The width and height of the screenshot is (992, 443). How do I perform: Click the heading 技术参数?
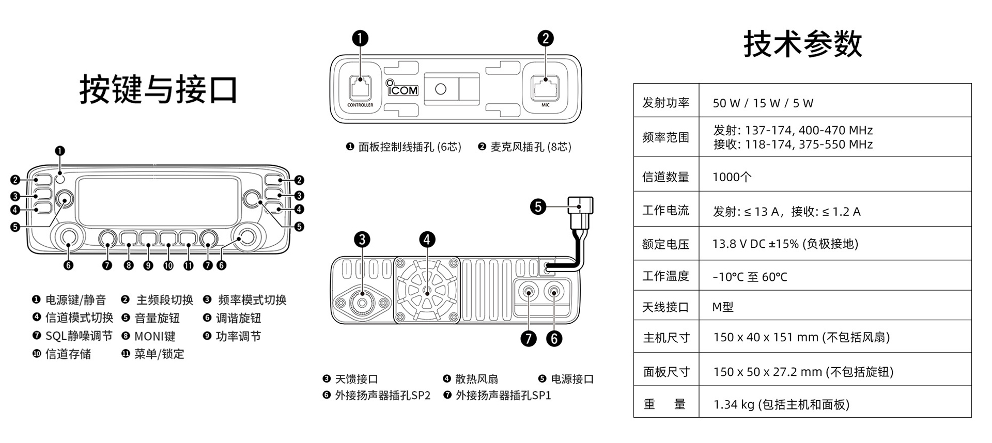pos(802,44)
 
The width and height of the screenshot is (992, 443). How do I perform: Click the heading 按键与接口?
pos(159,89)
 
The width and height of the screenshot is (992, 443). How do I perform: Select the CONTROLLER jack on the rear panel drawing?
pos(360,87)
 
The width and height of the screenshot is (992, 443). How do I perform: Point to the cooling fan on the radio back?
pos(427,291)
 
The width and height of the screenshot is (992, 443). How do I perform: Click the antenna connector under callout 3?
pos(362,301)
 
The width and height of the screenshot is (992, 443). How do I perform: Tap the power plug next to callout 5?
pos(580,212)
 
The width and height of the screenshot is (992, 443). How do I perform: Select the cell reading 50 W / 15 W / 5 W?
pos(763,103)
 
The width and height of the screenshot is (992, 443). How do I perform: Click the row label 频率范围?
pos(665,137)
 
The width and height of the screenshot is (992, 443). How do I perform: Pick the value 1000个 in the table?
pos(732,177)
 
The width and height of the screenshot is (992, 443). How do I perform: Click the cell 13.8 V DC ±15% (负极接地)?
pos(785,244)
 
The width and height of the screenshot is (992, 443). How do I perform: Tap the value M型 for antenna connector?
pos(722,307)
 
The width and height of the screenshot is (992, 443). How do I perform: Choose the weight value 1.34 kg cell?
pos(781,404)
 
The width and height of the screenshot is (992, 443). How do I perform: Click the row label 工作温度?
pos(665,276)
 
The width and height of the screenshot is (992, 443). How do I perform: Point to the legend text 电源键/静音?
pos(75,300)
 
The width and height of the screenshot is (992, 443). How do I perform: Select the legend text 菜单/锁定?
pos(159,354)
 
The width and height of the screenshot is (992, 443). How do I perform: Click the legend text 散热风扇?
pos(476,379)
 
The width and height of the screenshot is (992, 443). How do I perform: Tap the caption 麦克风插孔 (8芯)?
pos(530,147)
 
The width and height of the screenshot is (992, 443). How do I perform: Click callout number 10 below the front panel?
pos(168,265)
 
